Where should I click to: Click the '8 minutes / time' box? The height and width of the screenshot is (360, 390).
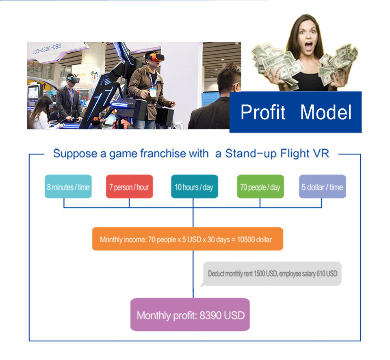point(68,186)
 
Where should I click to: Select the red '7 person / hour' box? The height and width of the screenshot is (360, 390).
point(129,186)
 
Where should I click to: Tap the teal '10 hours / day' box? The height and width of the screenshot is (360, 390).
point(195,186)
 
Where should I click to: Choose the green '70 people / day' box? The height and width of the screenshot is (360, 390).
point(260,186)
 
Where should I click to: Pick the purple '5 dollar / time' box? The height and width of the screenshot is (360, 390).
point(322,186)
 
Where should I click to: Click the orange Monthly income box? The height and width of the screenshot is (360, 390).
point(188,239)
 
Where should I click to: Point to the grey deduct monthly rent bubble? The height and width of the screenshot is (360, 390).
point(272,274)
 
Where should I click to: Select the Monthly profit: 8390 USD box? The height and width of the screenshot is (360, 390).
point(190,315)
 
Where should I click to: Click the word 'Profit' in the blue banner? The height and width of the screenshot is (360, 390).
point(263,112)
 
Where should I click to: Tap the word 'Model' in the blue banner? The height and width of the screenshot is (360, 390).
point(326,112)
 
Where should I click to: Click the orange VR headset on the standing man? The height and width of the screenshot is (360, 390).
point(156,58)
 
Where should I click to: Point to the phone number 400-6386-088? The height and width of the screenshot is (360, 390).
point(46,48)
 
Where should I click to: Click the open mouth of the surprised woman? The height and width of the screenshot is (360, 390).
point(309,46)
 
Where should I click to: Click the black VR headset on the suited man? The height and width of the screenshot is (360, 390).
point(73,80)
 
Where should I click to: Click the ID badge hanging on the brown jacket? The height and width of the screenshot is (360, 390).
point(153,92)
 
